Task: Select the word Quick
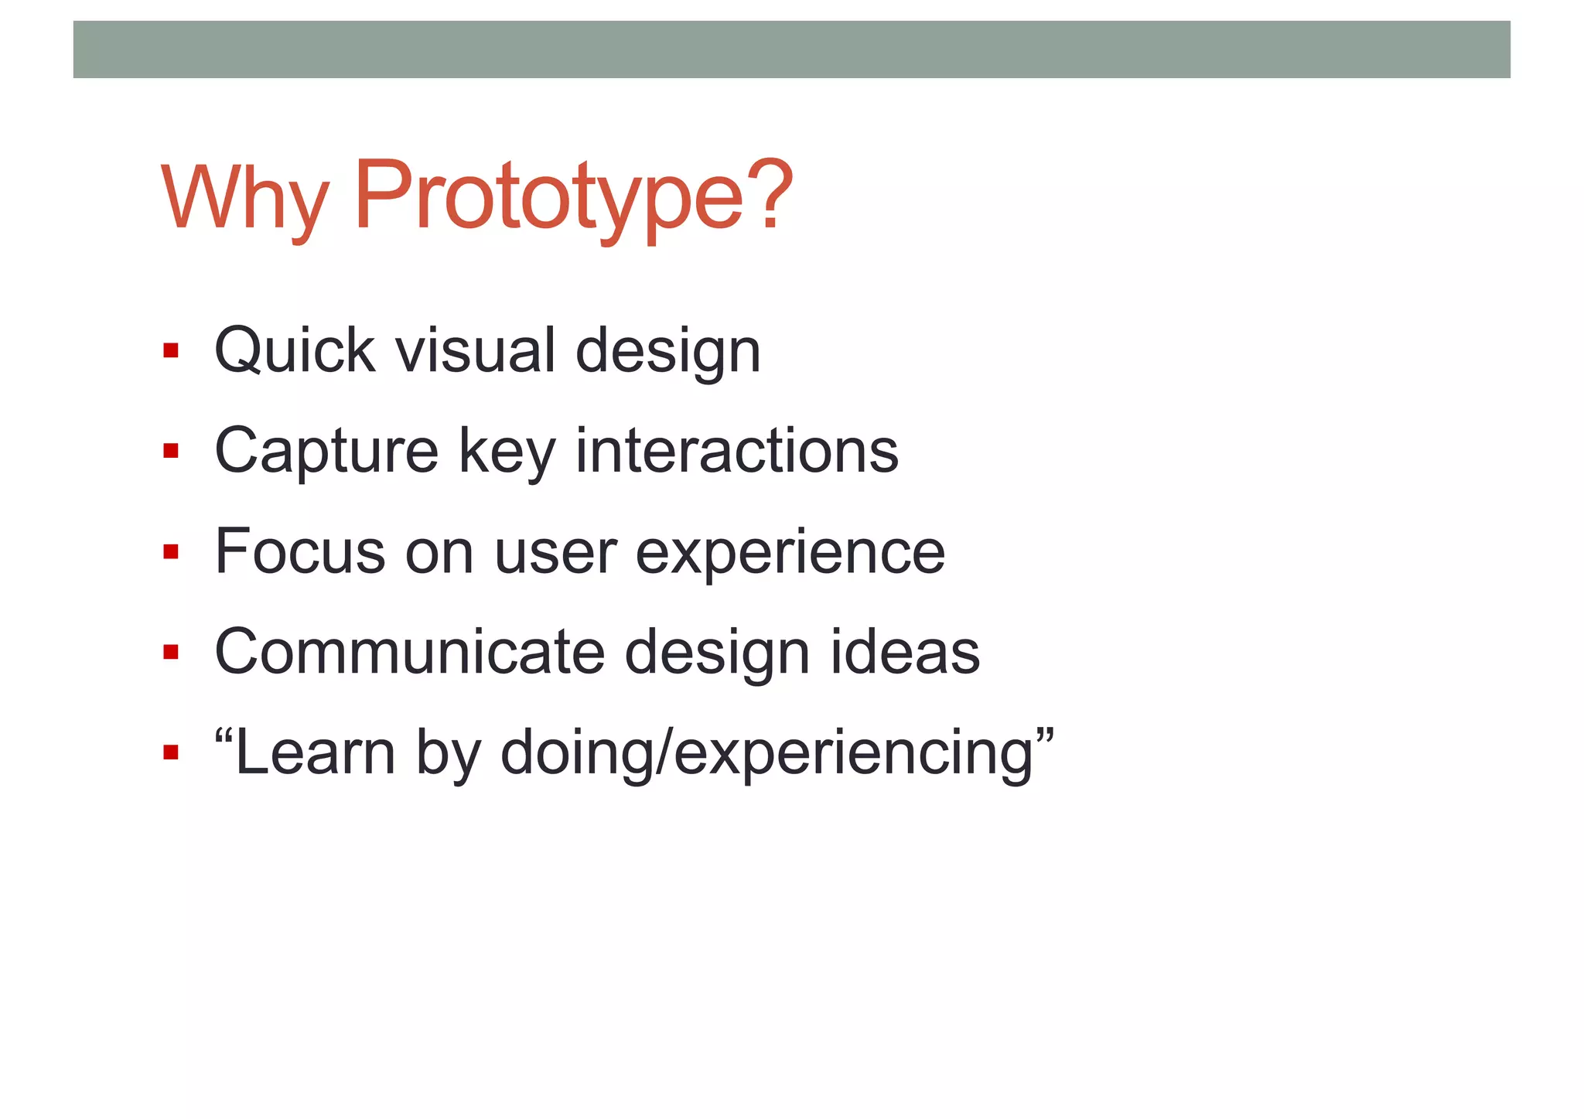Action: (295, 352)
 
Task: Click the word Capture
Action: (326, 452)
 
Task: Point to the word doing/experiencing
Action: (766, 754)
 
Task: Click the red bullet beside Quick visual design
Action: (171, 351)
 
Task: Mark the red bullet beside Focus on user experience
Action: (171, 551)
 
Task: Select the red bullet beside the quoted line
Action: (171, 752)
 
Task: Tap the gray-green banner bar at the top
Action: (791, 49)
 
